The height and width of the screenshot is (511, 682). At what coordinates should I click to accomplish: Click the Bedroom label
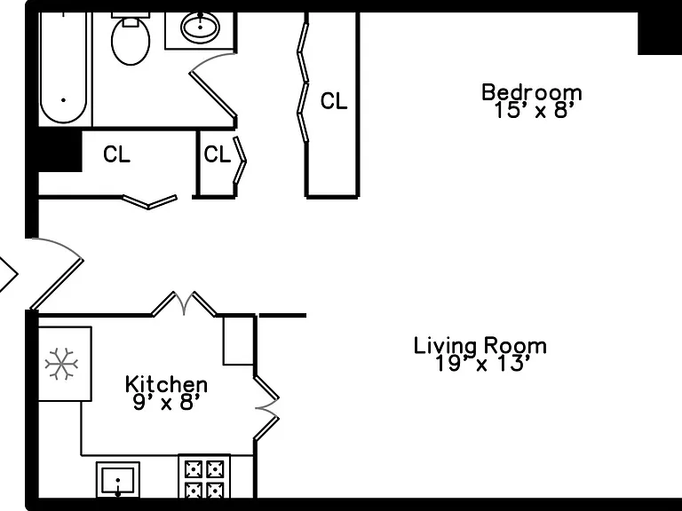532,92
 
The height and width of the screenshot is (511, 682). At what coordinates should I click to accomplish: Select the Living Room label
480,345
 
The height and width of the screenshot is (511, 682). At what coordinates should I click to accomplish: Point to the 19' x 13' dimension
483,363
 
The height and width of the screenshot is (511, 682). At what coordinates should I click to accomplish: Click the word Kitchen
166,384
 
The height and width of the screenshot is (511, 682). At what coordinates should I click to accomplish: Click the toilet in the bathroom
131,38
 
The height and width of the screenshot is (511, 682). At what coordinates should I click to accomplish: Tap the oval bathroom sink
200,28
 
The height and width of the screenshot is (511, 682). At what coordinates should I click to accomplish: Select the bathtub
64,68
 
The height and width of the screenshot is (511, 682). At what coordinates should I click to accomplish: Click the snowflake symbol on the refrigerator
62,363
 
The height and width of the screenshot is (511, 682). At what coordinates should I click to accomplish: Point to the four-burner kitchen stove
204,476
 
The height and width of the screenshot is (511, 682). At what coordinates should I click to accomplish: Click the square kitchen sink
118,480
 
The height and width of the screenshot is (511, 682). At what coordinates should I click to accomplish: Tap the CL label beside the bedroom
334,101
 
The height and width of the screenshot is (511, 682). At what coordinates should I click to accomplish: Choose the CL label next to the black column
116,154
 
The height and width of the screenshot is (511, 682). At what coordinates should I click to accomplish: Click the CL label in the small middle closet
217,154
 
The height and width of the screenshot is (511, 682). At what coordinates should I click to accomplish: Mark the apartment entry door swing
57,273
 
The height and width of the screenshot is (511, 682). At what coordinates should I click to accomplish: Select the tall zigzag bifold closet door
303,83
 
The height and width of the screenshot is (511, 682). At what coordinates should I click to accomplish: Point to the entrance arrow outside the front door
8,274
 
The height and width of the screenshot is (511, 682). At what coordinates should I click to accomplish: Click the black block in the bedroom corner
660,33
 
